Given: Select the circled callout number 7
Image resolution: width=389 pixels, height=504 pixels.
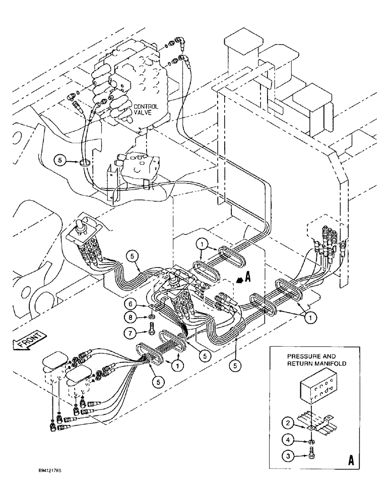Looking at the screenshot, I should click(131, 333).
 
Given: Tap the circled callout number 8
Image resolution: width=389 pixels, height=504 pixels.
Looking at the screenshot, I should click(131, 319).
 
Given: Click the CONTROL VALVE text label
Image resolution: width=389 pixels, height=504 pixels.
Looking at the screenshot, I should click(146, 110).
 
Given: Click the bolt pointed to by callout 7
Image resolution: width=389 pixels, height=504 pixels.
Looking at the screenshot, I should click(151, 334).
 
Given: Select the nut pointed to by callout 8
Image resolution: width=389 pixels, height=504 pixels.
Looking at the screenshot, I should click(151, 318).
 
